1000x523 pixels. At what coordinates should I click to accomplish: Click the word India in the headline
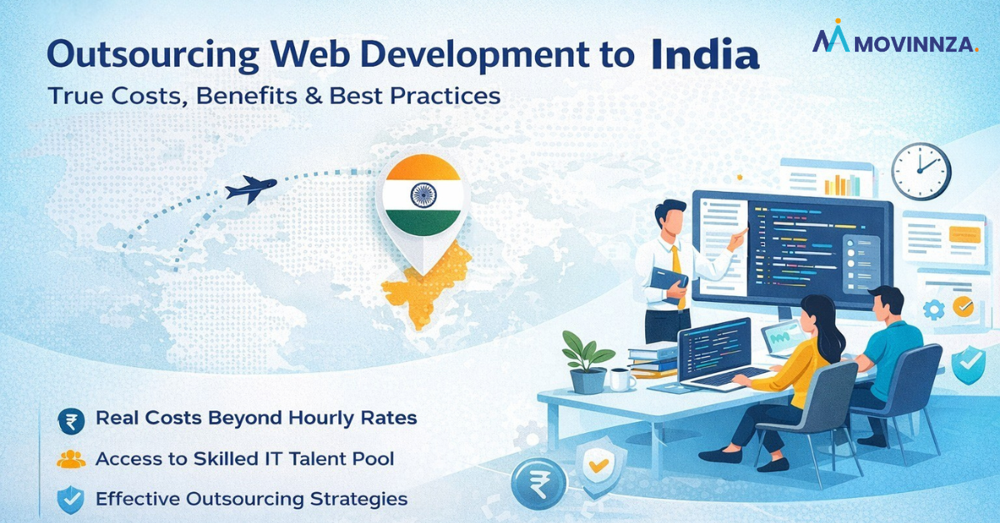(x=705, y=55)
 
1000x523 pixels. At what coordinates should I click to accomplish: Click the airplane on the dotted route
(x=252, y=189)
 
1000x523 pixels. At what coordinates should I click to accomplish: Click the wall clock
(x=920, y=171)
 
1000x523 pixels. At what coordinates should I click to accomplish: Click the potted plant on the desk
(x=587, y=359)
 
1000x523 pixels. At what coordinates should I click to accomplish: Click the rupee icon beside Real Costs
(x=71, y=420)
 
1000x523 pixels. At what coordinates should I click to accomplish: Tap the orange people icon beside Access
(x=71, y=460)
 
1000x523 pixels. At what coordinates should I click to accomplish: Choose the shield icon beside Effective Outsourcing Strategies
(x=71, y=500)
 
